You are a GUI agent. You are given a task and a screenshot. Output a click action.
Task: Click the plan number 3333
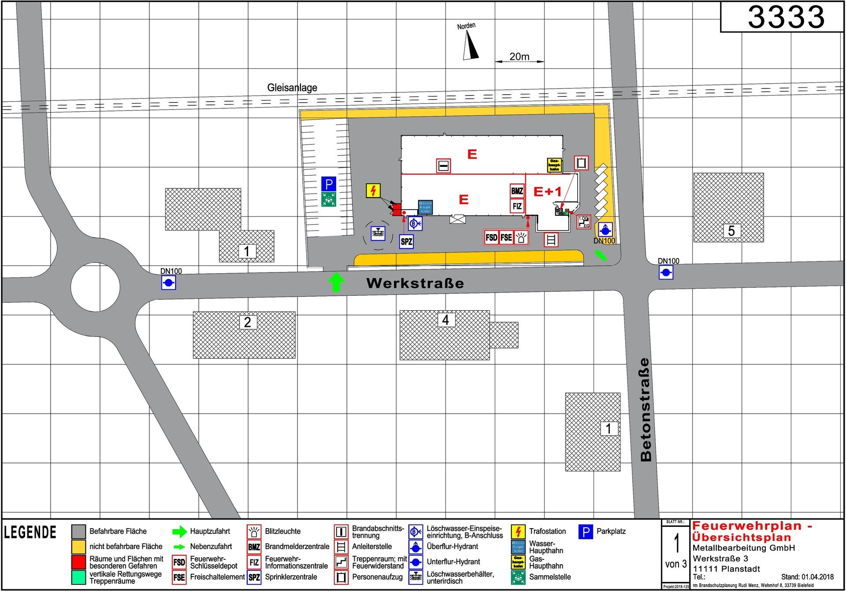click(x=786, y=18)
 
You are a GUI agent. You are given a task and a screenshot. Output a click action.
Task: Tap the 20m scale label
click(x=519, y=57)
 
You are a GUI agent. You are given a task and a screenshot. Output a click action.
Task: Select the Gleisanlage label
click(x=292, y=88)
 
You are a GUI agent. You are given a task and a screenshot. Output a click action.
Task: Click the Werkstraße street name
click(x=415, y=283)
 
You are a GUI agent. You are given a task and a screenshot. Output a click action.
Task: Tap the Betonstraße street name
click(x=646, y=409)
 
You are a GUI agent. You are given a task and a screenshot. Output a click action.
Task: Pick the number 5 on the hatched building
click(x=731, y=231)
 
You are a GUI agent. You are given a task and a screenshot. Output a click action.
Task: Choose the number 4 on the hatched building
click(x=445, y=320)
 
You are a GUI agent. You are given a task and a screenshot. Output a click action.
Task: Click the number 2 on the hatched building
click(x=247, y=322)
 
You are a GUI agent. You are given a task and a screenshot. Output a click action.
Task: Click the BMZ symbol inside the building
click(x=517, y=191)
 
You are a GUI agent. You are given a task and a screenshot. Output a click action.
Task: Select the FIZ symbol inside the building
click(x=517, y=206)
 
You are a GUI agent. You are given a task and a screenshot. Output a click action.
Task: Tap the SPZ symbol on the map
click(x=406, y=241)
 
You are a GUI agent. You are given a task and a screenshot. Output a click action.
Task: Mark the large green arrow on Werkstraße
click(x=336, y=282)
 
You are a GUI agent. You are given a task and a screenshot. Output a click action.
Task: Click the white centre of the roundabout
click(x=95, y=287)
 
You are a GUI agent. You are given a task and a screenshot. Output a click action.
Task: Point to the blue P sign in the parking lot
click(x=328, y=184)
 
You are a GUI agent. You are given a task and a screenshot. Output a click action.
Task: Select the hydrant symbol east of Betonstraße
click(x=666, y=272)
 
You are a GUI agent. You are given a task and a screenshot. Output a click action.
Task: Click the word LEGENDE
click(x=30, y=533)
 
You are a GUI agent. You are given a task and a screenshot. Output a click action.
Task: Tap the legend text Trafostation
click(x=547, y=531)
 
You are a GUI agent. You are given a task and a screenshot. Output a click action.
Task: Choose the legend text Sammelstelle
click(x=549, y=577)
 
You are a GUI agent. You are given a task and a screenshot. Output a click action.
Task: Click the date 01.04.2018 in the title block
click(x=817, y=577)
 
